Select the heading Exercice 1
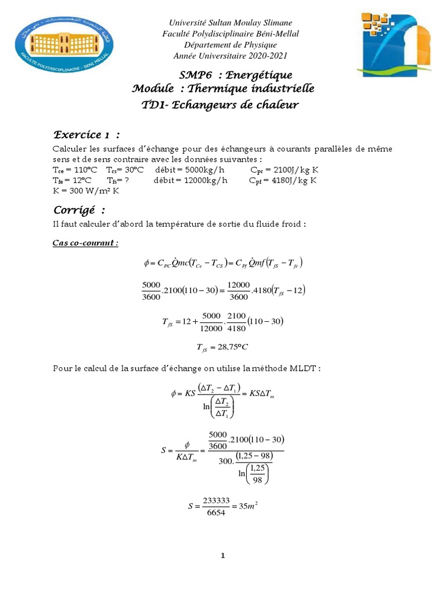pos(87,135)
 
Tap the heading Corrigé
pos(79,209)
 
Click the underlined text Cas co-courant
pos(85,242)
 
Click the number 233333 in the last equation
pos(211,499)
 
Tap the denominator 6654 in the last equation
pos(211,512)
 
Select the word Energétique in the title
pos(259,75)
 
